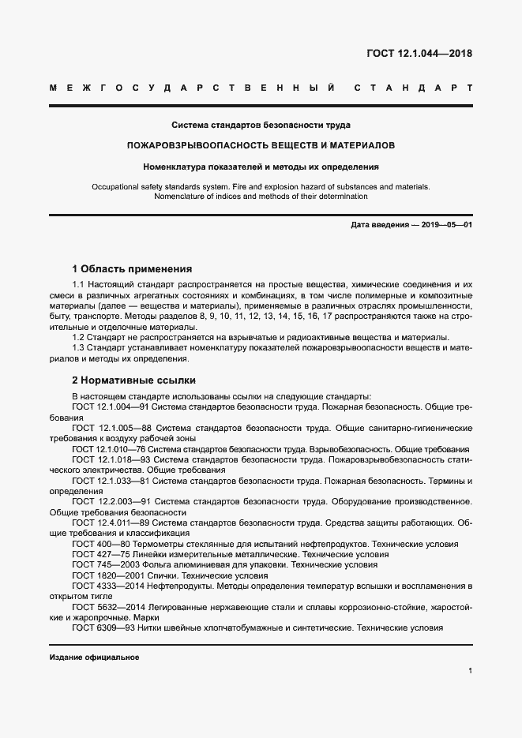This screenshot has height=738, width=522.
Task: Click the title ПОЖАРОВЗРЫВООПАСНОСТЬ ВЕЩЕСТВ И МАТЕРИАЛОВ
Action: tap(261, 146)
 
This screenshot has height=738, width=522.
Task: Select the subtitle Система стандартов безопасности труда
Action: tap(261, 125)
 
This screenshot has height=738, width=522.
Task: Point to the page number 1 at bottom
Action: tap(469, 671)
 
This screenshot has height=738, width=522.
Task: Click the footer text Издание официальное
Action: tap(94, 657)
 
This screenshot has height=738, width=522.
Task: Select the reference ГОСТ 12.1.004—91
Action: tap(111, 407)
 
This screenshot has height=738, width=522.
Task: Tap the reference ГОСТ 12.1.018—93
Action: tap(111, 459)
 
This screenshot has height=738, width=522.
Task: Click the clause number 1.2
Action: tap(79, 337)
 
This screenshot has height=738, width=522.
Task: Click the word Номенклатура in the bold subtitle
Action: tap(174, 167)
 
